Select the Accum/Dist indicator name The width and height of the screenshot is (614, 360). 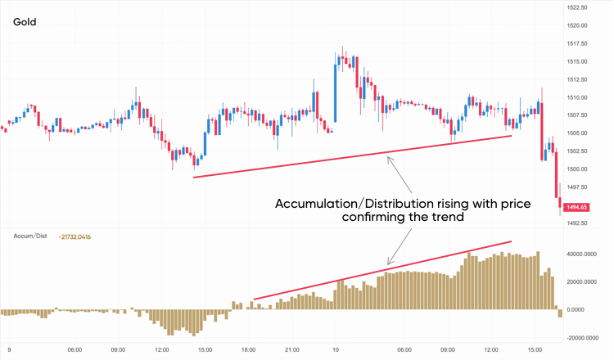click(29, 236)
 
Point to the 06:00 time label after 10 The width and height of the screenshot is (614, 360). click(404, 350)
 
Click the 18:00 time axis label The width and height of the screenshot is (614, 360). click(249, 350)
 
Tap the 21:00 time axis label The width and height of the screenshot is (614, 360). click(292, 350)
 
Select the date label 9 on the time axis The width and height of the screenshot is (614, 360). click(9, 350)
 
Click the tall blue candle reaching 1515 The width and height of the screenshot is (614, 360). click(336, 92)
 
